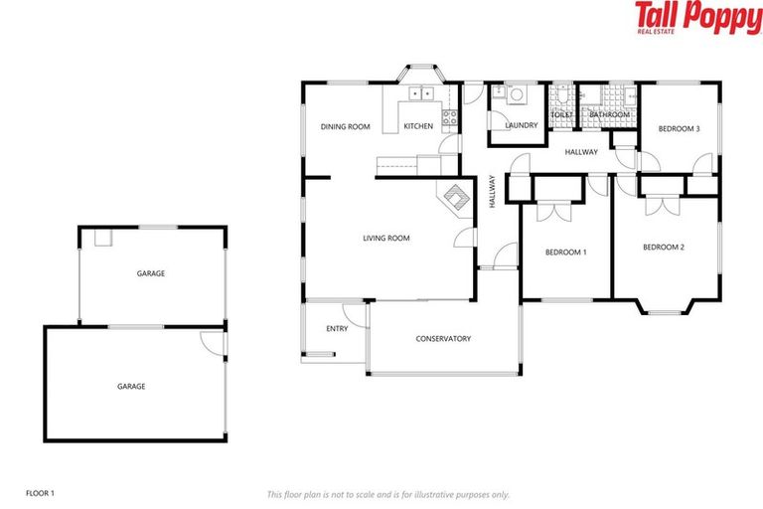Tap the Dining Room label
click(x=345, y=127)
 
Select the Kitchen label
click(x=418, y=127)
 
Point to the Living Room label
click(x=386, y=239)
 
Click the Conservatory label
click(x=443, y=339)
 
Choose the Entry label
click(x=337, y=329)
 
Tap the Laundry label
click(x=521, y=126)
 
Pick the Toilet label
click(x=561, y=115)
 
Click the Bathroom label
click(x=609, y=115)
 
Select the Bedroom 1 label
click(x=565, y=253)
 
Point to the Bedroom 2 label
click(x=664, y=248)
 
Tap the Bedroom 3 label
click(x=680, y=129)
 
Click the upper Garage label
click(x=151, y=273)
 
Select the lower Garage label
click(x=131, y=387)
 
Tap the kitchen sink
click(x=421, y=95)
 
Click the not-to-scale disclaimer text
click(x=388, y=494)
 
